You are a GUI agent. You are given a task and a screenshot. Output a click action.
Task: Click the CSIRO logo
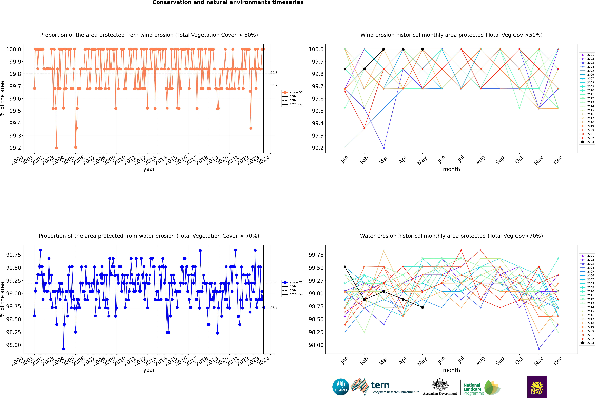341,387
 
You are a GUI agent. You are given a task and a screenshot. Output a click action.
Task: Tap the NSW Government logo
537,387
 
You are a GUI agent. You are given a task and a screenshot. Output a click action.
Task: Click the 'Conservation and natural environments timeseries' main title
228,3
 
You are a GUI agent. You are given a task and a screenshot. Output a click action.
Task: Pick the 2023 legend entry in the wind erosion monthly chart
587,142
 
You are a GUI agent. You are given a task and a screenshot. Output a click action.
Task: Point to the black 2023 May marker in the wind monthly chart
422,49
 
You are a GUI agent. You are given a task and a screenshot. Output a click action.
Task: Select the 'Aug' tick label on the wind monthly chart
481,160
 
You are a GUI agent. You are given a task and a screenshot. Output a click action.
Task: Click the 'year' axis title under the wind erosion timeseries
149,169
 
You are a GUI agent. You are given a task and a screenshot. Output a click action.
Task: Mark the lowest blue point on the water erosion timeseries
63,349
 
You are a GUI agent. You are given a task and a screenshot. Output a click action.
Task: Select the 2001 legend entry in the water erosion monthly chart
587,256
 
